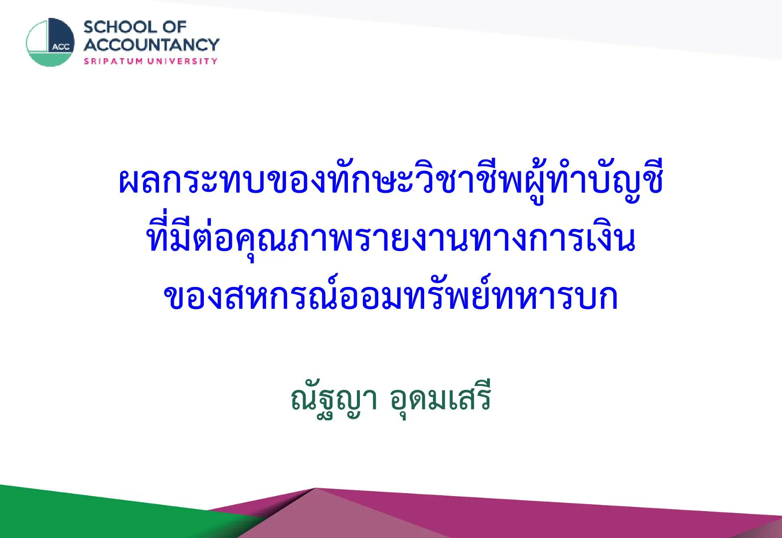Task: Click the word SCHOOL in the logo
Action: (120, 27)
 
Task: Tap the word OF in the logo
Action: (174, 27)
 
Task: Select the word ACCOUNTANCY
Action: (151, 45)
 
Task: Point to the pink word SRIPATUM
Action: (113, 61)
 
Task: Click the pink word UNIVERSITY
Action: (182, 61)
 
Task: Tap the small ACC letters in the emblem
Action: (61, 47)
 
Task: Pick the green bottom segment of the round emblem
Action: (50, 59)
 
